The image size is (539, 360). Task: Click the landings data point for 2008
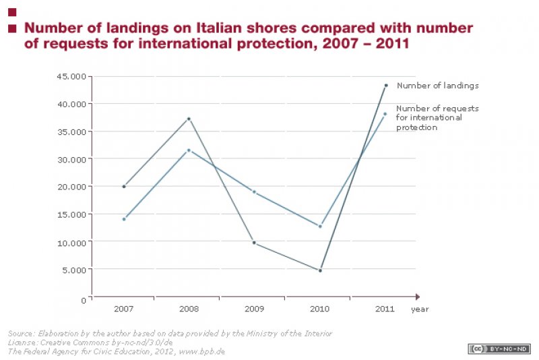(189, 119)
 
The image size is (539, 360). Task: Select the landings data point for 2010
(320, 270)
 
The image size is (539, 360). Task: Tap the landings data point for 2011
(386, 86)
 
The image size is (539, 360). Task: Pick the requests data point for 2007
(124, 219)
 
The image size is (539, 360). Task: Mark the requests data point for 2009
(255, 192)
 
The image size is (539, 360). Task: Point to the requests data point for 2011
(385, 114)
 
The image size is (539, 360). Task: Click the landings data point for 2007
(124, 186)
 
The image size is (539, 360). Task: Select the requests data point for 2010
(320, 227)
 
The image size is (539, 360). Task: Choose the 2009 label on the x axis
(255, 309)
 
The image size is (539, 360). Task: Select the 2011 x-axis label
(385, 309)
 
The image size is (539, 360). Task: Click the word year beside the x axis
(420, 309)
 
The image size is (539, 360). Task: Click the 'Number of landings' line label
(437, 86)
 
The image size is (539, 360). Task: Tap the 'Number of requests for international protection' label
(429, 117)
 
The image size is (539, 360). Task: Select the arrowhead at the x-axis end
(418, 297)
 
